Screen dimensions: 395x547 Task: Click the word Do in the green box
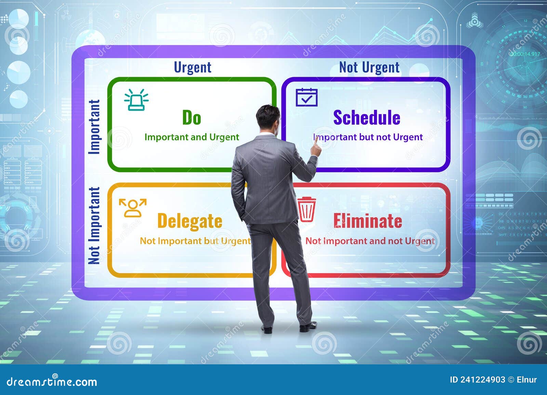coord(191,117)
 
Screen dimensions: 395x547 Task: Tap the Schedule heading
coord(366,117)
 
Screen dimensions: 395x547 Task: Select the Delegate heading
coord(190,221)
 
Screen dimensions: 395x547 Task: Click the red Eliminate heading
coord(368,221)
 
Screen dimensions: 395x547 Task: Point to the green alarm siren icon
coord(136,100)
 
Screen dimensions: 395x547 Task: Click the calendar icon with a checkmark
coord(306,97)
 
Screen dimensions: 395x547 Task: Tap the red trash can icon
coord(306,209)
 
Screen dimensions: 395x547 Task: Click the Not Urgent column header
coord(369,67)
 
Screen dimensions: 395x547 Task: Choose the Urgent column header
coord(192,67)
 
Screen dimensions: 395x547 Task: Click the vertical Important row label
coord(94,127)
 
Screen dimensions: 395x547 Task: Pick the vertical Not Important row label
coord(94,226)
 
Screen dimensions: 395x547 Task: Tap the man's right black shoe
coord(308,327)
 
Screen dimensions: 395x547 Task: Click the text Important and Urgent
coord(191,137)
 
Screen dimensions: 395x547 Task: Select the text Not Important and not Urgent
coord(370,241)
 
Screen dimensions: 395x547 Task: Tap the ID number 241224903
coord(482,380)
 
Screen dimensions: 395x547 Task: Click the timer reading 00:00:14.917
coord(525,54)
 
